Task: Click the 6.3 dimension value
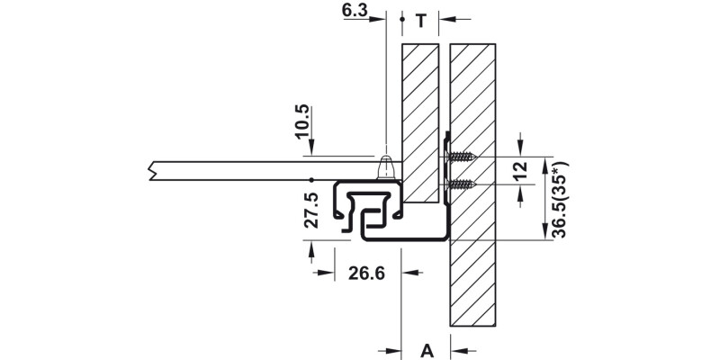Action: (355, 10)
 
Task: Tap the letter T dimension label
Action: (421, 21)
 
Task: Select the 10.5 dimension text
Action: (301, 121)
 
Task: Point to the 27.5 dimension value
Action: (310, 211)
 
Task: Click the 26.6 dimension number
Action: (366, 274)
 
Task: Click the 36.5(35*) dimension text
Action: (560, 200)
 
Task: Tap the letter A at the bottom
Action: (427, 351)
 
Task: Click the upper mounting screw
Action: (461, 157)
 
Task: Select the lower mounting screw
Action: (461, 184)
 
